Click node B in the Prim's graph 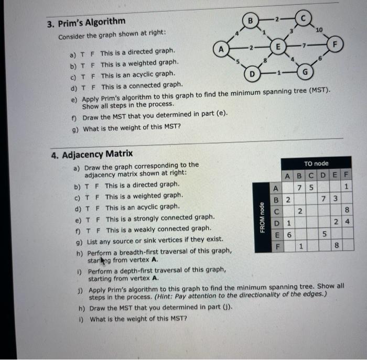[251, 21]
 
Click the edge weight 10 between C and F [319, 28]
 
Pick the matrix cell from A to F [346, 187]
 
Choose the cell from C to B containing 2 [299, 211]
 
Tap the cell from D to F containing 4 [346, 222]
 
